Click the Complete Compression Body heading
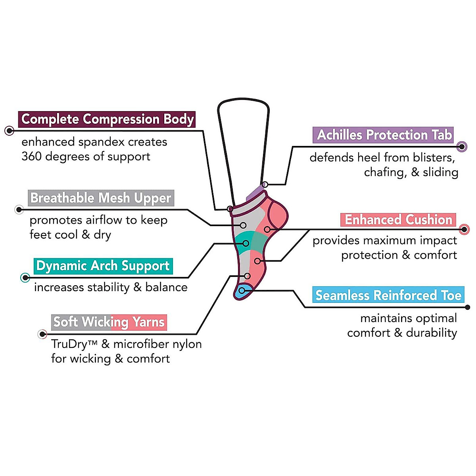[107, 119]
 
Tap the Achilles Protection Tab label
[384, 135]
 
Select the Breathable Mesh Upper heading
[101, 198]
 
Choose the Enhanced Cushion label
[398, 220]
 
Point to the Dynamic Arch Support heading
[103, 266]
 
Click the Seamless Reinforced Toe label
[388, 295]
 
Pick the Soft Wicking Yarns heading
[109, 322]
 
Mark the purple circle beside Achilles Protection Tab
[462, 146]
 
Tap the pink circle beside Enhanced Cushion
[464, 229]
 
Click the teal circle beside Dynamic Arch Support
[25, 277]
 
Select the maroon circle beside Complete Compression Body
[9, 130]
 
